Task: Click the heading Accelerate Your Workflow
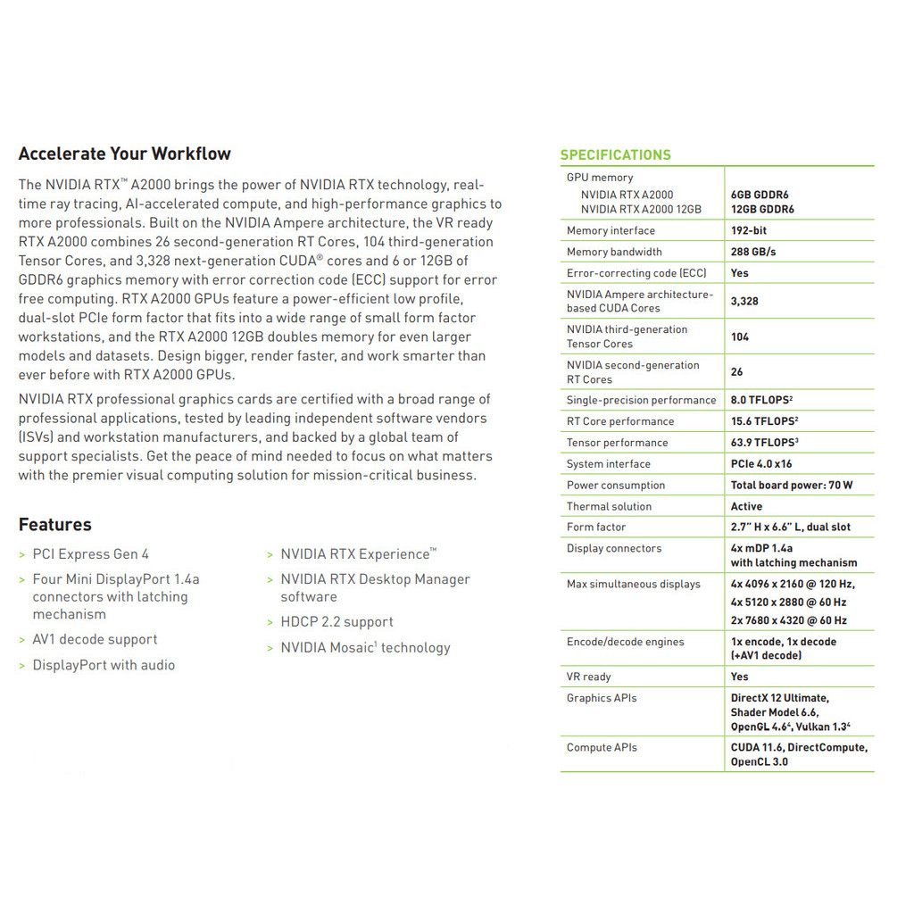124,154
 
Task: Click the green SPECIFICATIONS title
615,155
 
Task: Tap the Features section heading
54,525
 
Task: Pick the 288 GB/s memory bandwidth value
753,252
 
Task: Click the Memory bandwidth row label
614,252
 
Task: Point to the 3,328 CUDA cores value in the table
744,301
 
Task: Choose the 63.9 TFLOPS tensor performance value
764,443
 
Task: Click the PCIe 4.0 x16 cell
761,464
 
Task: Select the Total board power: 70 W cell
792,486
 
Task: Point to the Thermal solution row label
609,506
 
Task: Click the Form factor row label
596,528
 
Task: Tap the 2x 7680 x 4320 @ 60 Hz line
789,620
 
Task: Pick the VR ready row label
588,677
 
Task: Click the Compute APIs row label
602,748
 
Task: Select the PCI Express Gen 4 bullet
91,554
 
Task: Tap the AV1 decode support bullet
95,640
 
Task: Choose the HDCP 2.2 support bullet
337,622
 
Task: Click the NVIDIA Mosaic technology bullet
365,648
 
